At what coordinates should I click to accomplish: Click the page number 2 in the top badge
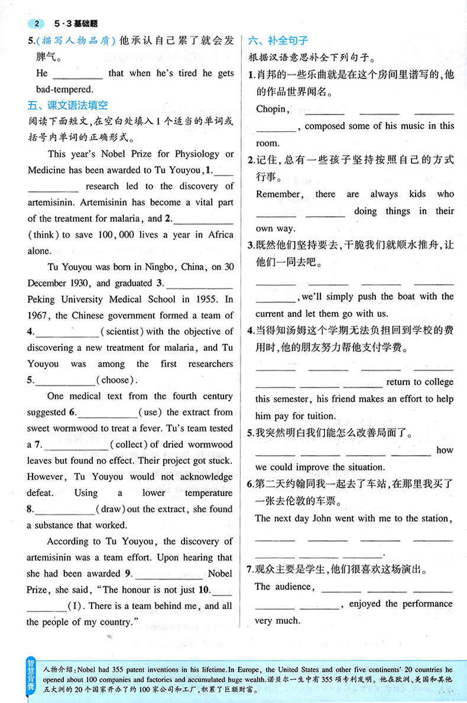(37, 24)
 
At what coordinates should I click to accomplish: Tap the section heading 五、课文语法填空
(67, 106)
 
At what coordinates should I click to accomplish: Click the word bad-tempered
(60, 90)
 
